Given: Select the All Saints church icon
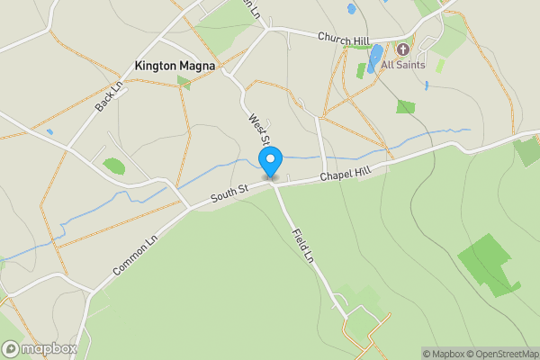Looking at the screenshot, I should [402, 49].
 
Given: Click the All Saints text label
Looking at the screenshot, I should [403, 65].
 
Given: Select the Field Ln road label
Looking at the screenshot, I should [302, 245].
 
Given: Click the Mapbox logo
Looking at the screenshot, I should [40, 348].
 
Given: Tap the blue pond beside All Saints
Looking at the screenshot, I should [375, 58].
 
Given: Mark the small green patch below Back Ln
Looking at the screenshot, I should [114, 166].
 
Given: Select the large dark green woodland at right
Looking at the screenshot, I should [490, 265].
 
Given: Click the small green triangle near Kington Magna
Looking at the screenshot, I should [184, 82].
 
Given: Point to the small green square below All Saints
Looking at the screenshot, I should [406, 106].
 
